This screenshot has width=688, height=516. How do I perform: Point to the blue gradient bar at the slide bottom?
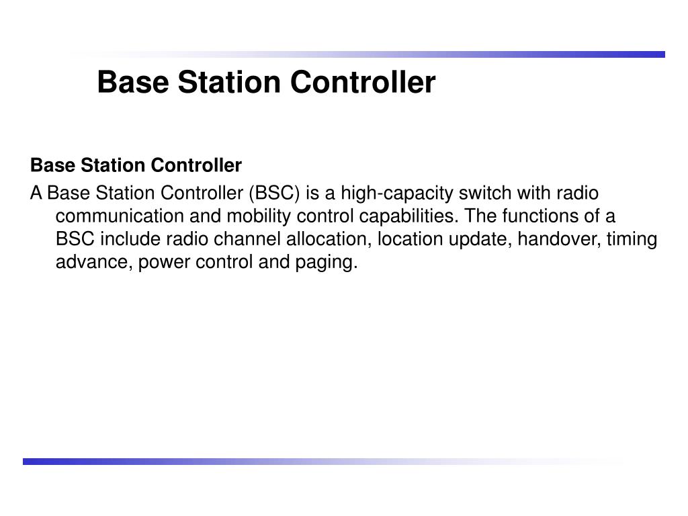202,462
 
